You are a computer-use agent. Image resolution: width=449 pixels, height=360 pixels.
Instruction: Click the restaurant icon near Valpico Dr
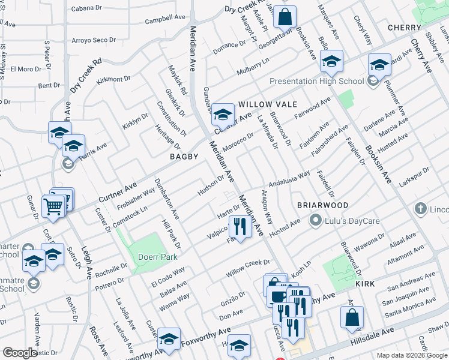(238, 227)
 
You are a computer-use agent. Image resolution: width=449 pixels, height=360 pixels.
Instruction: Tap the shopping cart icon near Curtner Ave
(53, 206)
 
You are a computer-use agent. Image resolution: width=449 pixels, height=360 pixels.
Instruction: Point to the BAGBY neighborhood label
(184, 157)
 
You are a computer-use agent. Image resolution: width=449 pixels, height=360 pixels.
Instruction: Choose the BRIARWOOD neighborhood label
(322, 205)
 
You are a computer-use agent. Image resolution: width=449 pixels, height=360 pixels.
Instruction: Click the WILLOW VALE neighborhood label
(268, 104)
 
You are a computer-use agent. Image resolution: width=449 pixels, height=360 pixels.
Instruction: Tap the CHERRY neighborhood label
(404, 28)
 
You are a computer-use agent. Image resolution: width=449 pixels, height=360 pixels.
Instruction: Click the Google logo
(20, 353)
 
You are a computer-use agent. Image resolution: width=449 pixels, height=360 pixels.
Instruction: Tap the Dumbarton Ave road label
(167, 205)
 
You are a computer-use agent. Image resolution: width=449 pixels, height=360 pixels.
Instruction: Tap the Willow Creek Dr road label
(248, 268)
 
